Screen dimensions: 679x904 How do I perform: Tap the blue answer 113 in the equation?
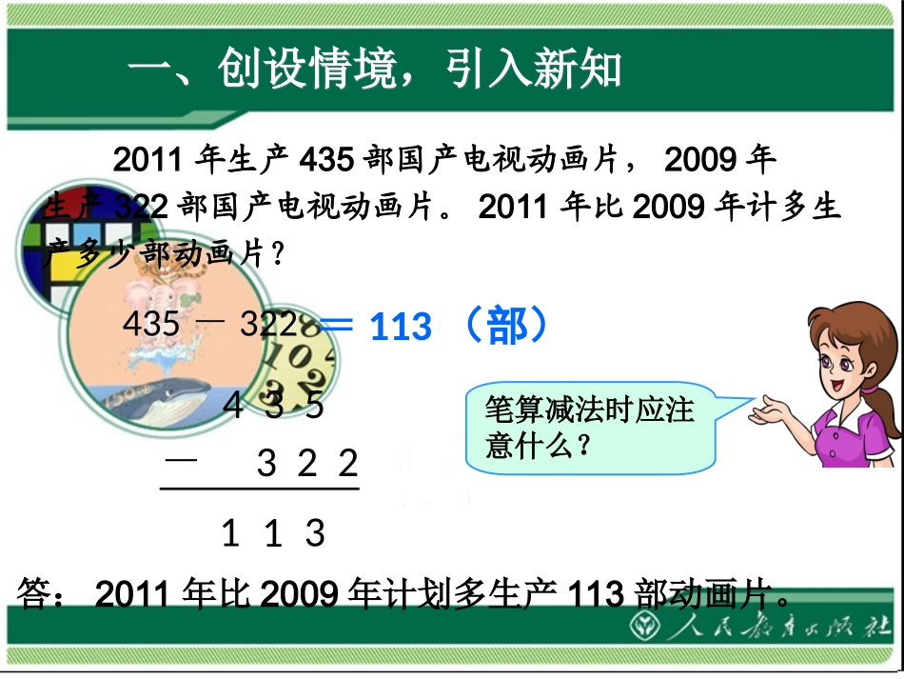[x=401, y=329]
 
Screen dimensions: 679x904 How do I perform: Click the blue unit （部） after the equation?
[x=503, y=327]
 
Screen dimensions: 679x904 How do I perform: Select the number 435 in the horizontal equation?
[x=151, y=325]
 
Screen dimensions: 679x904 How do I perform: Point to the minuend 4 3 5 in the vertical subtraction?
[x=273, y=406]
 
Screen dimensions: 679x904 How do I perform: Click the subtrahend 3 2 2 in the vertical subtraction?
[x=307, y=464]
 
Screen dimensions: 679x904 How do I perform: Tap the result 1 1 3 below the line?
[x=273, y=533]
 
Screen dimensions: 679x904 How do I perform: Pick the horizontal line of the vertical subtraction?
[x=259, y=490]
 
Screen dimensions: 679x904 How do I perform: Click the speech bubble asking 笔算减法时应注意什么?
[x=590, y=428]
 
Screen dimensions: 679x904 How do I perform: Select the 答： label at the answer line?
[x=43, y=594]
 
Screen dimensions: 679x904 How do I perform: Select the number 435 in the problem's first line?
[x=327, y=159]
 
